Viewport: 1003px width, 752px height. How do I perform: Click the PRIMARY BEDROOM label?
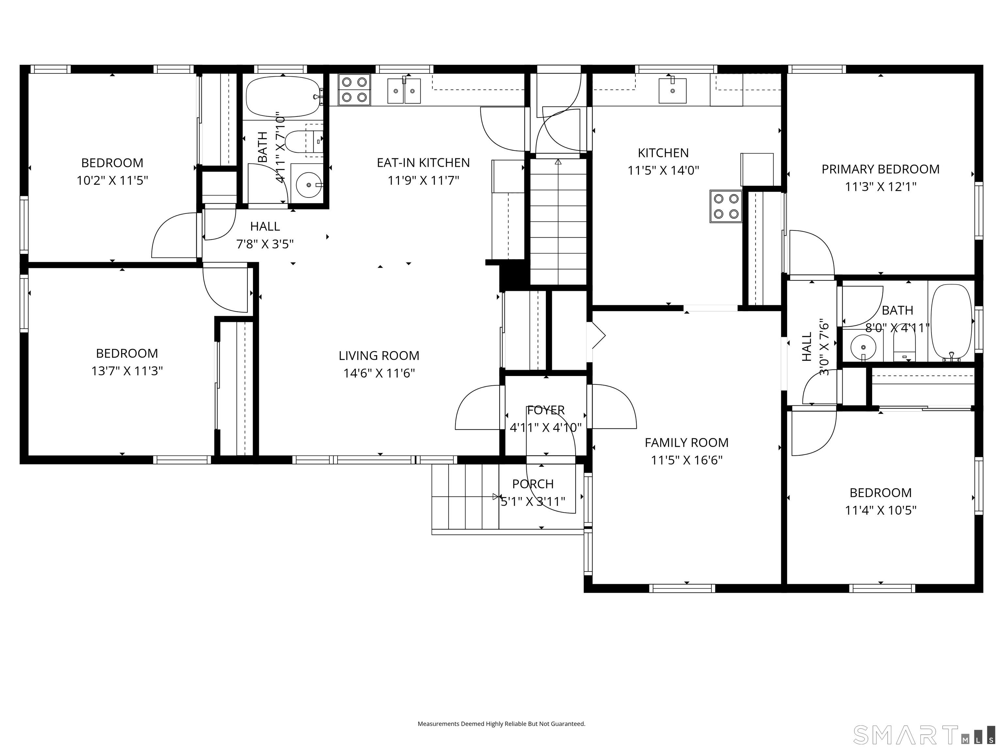[x=881, y=169]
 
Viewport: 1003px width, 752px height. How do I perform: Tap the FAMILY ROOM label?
[x=687, y=442]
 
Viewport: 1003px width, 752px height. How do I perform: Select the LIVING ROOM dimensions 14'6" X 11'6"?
[x=379, y=373]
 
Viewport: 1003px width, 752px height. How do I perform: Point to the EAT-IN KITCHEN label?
[x=423, y=163]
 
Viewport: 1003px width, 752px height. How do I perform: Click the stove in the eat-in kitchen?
[x=355, y=90]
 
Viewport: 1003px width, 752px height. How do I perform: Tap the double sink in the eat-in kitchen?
[x=404, y=91]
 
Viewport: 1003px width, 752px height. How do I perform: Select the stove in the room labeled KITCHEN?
[x=726, y=206]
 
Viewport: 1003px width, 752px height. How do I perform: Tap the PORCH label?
[x=533, y=484]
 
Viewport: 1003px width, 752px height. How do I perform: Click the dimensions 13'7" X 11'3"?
[x=127, y=371]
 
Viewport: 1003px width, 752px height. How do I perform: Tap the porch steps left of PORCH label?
[x=465, y=497]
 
